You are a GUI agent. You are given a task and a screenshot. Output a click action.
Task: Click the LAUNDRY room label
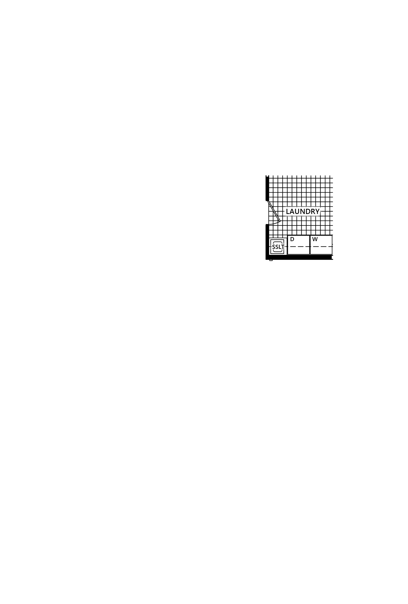pyautogui.click(x=303, y=211)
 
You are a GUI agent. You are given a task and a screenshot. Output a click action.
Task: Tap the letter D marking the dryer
pyautogui.click(x=292, y=239)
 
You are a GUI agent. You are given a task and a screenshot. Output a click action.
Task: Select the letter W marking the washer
pyautogui.click(x=315, y=239)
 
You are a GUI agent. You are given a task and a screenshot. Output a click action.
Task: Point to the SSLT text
pyautogui.click(x=278, y=247)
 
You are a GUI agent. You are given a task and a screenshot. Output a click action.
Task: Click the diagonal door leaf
pyautogui.click(x=274, y=211)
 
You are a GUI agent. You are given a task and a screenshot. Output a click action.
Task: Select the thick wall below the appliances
pyautogui.click(x=299, y=257)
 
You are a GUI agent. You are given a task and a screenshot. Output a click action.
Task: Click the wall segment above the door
pyautogui.click(x=267, y=188)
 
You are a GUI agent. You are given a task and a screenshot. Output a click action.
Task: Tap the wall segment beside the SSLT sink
pyautogui.click(x=267, y=241)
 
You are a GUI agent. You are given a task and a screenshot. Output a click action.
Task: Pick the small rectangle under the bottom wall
pyautogui.click(x=271, y=260)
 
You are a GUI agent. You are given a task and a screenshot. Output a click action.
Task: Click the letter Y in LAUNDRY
pyautogui.click(x=317, y=211)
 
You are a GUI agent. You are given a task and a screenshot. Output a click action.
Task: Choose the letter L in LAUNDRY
pyautogui.click(x=288, y=211)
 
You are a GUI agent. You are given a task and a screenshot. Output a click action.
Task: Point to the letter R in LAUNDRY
pyautogui.click(x=312, y=211)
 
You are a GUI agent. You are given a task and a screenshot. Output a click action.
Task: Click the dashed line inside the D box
pyautogui.click(x=298, y=246)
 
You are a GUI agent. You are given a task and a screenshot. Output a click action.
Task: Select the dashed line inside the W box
pyautogui.click(x=321, y=246)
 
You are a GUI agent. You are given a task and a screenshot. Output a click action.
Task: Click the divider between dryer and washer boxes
pyautogui.click(x=310, y=245)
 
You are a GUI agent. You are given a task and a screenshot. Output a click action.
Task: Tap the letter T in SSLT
pyautogui.click(x=282, y=247)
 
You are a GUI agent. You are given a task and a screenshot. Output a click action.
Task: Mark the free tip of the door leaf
pyautogui.click(x=280, y=222)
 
